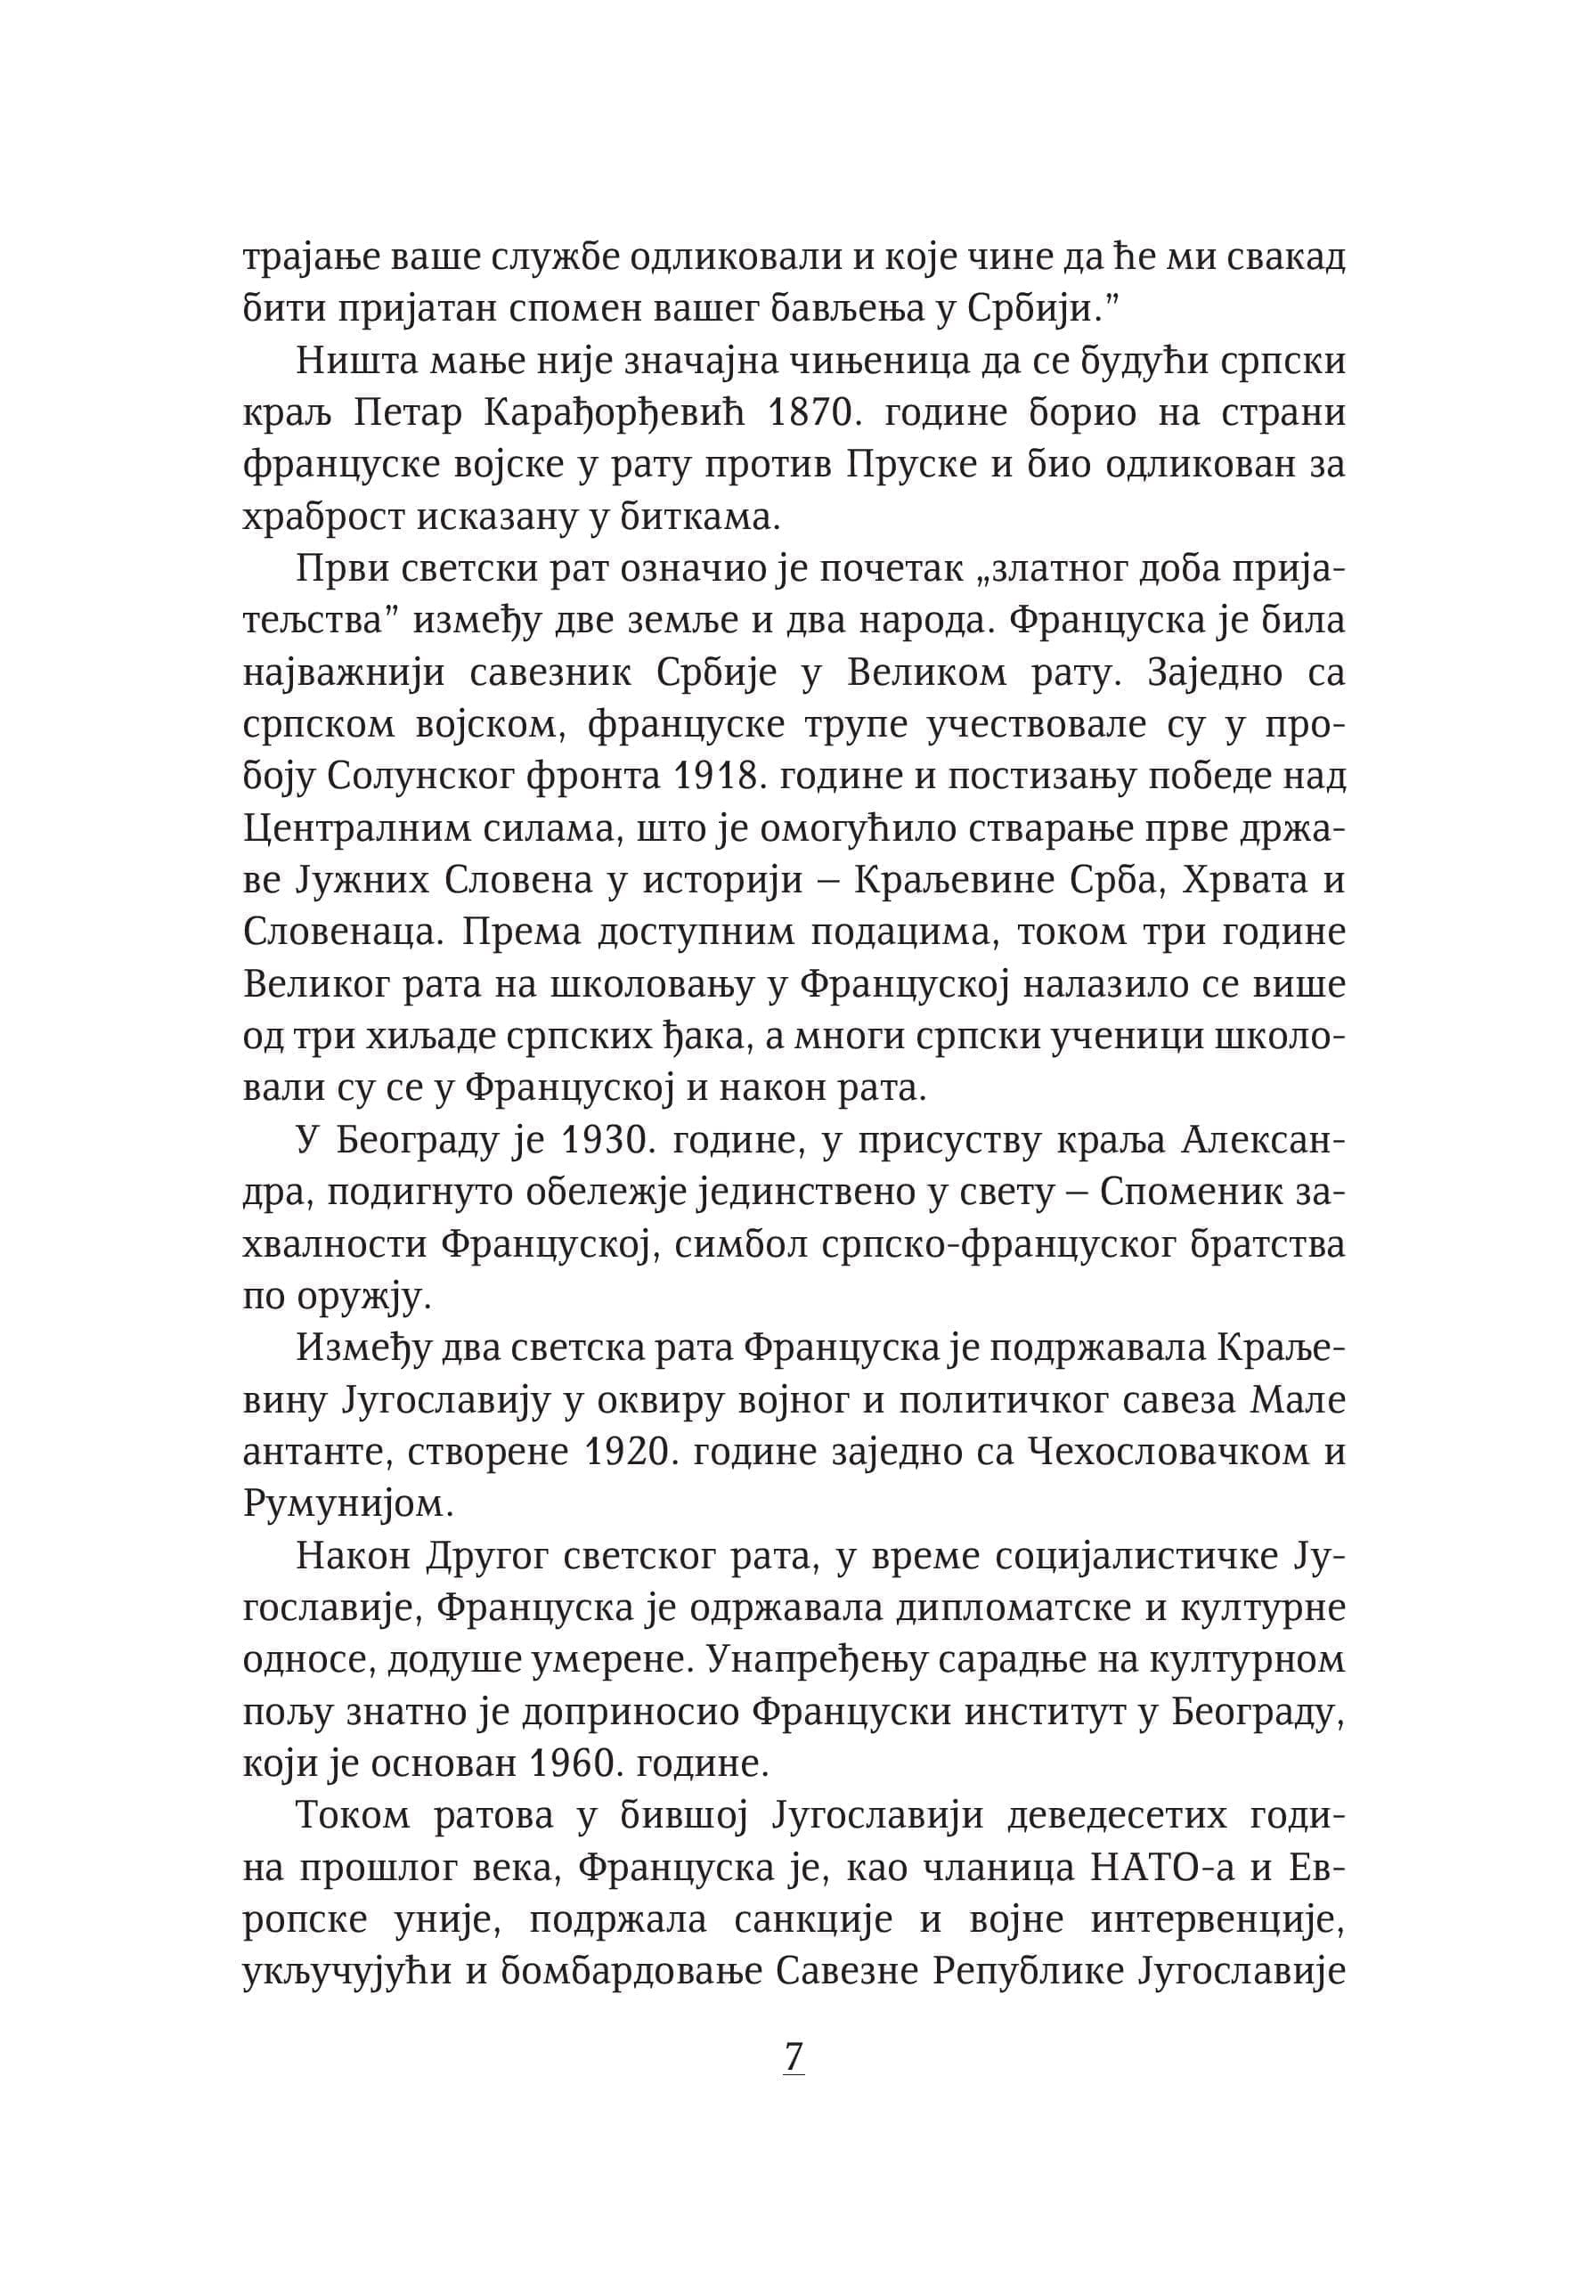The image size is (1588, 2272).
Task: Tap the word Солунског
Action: coord(419,777)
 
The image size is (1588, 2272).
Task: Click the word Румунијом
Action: coord(347,1503)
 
